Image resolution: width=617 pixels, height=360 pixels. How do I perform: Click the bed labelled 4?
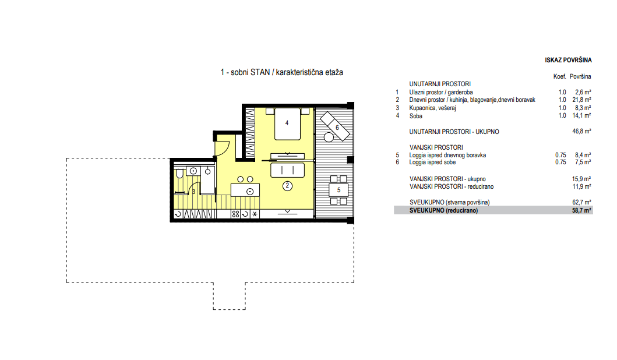click(287, 123)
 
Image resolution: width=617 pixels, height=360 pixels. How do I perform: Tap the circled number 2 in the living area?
click(287, 186)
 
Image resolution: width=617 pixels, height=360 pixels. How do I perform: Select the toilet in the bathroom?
click(179, 174)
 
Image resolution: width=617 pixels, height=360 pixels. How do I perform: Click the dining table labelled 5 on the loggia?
click(339, 190)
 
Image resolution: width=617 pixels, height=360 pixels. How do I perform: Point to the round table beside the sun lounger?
click(329, 137)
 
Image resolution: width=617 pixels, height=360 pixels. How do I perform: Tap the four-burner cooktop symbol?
click(235, 214)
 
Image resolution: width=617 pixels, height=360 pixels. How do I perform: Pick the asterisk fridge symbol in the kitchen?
click(255, 214)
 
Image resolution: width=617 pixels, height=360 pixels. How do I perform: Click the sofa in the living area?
click(287, 170)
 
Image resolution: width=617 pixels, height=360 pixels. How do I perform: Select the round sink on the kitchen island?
click(250, 192)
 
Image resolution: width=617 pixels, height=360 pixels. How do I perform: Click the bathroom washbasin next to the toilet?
click(193, 171)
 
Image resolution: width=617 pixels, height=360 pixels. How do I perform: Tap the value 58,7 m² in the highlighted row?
click(581, 210)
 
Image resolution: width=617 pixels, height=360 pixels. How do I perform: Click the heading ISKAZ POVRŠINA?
click(568, 60)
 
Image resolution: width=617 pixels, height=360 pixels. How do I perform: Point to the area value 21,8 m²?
click(581, 100)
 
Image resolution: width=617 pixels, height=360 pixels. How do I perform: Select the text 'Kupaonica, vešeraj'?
click(432, 108)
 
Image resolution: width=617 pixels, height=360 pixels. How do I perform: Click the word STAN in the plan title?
click(260, 72)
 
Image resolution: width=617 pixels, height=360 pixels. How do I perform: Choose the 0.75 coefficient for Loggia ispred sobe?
click(560, 162)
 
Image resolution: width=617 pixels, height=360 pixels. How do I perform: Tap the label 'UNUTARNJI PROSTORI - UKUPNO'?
click(454, 132)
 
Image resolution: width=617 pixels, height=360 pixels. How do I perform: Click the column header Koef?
click(559, 76)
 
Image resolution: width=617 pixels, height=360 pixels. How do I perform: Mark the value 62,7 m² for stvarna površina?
click(581, 202)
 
